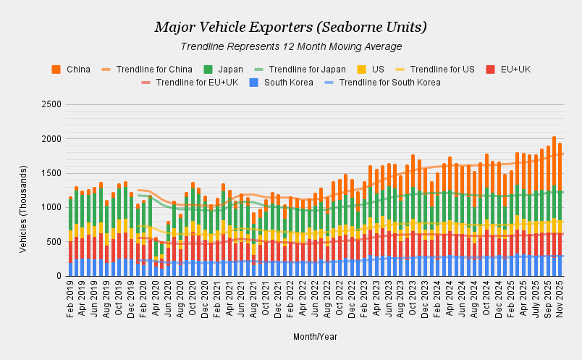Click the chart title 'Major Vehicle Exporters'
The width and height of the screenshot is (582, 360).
pyautogui.click(x=290, y=28)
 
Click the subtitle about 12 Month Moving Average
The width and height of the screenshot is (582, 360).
pyautogui.click(x=290, y=46)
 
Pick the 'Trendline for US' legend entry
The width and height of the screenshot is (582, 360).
pyautogui.click(x=442, y=70)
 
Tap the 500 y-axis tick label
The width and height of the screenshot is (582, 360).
pyautogui.click(x=52, y=242)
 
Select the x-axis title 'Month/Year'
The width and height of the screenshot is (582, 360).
pyautogui.click(x=315, y=337)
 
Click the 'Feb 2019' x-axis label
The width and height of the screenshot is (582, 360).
pyautogui.click(x=70, y=298)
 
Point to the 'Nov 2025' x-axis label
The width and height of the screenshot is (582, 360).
pyautogui.click(x=560, y=298)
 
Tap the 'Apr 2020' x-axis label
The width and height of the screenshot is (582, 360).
pyautogui.click(x=156, y=298)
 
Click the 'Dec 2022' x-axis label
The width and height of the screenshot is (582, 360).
pyautogui.click(x=352, y=298)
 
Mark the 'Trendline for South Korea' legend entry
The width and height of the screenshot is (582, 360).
pyautogui.click(x=390, y=83)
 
